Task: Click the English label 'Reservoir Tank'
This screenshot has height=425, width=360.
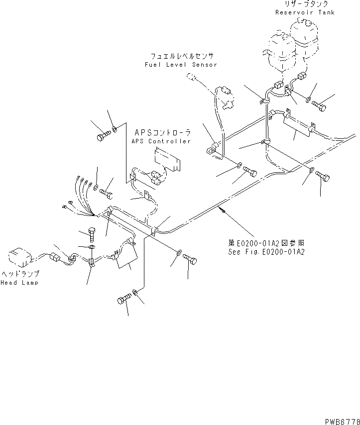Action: tap(305, 12)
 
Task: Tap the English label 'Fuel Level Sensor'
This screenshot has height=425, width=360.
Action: tap(181, 65)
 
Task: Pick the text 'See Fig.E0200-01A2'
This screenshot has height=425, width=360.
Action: tap(266, 252)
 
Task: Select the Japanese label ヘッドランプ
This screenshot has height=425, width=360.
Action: tap(20, 274)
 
